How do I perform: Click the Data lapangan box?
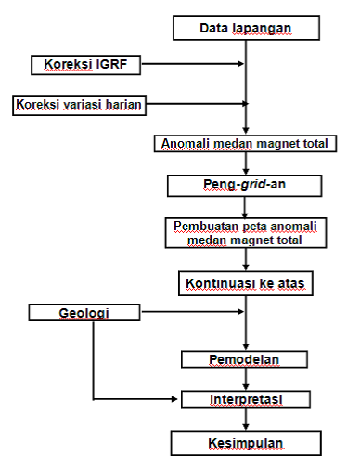pos(246,28)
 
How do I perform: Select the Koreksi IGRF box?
pos(71,65)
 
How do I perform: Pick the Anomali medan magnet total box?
pos(246,143)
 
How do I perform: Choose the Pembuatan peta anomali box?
pos(246,231)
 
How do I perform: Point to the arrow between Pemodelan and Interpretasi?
pos(246,378)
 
